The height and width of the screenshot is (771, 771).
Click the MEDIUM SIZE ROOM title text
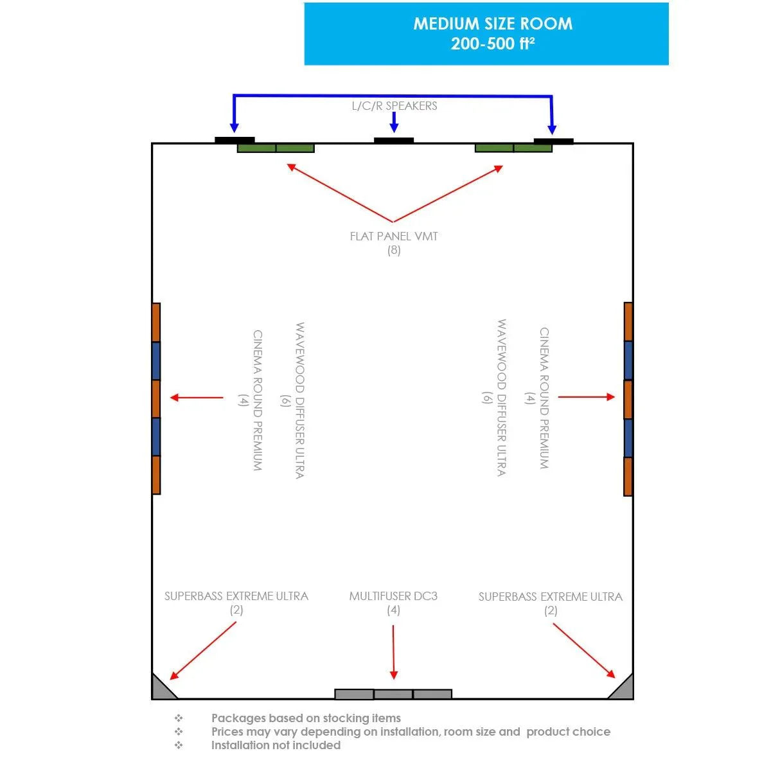tap(493, 24)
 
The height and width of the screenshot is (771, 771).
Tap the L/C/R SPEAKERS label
tap(394, 106)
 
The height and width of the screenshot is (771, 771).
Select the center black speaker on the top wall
tap(394, 141)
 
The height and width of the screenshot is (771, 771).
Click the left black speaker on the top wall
tap(235, 140)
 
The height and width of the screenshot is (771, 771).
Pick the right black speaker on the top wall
tap(553, 141)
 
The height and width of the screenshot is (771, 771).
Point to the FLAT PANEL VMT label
tap(394, 236)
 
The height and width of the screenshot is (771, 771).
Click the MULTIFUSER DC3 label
tap(393, 596)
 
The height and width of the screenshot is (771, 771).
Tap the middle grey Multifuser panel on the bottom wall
tap(393, 694)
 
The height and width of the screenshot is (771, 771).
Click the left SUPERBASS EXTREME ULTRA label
tap(236, 596)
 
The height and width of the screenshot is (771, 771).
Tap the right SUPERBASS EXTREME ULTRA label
tap(551, 596)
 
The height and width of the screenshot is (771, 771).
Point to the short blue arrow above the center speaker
tap(394, 122)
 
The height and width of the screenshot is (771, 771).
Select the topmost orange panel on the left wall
tap(156, 323)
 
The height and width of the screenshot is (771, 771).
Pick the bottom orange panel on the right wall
tap(628, 477)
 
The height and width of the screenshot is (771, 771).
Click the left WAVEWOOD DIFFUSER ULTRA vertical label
tap(300, 400)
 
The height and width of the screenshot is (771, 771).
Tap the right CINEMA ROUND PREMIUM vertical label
tap(544, 398)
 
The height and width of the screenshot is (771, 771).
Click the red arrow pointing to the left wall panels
tap(197, 397)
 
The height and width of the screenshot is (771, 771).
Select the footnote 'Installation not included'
tap(276, 745)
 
